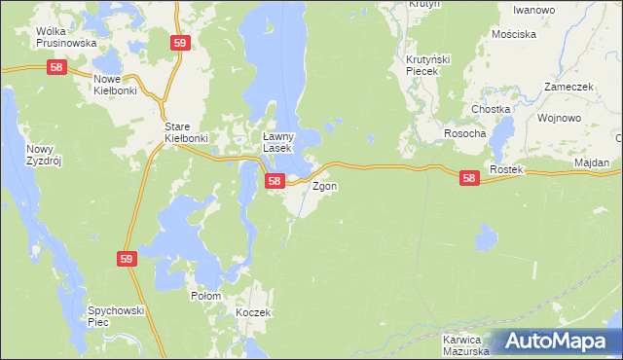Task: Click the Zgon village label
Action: (x=325, y=185)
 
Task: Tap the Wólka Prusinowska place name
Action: (x=66, y=37)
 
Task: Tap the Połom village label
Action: (x=205, y=296)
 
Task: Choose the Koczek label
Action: (x=252, y=312)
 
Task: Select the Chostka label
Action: (x=491, y=109)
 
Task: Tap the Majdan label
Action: (x=592, y=162)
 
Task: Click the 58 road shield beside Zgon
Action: (x=275, y=181)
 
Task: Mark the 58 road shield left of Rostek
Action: (x=470, y=178)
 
